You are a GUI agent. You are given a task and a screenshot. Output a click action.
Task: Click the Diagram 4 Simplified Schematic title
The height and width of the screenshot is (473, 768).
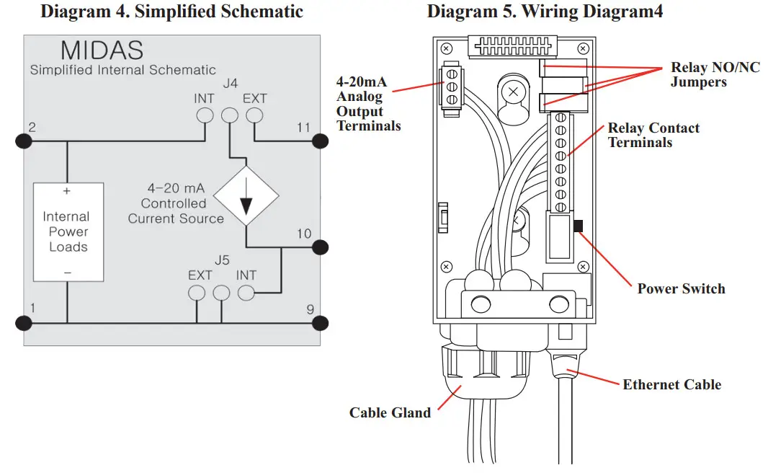171,12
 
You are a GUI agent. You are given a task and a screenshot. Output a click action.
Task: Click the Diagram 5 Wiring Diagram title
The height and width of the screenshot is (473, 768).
545,12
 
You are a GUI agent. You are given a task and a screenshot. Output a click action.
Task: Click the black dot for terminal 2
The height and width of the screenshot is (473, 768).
24,141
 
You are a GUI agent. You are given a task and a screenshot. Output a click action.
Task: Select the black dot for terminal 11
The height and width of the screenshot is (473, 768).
320,141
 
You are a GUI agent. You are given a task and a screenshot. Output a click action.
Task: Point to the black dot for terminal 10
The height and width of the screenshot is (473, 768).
320,247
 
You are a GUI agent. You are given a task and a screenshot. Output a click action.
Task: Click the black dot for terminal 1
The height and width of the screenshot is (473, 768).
24,322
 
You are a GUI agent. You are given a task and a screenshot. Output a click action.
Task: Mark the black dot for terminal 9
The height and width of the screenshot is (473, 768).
320,322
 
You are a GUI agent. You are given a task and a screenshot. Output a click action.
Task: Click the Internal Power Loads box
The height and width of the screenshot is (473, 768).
68,231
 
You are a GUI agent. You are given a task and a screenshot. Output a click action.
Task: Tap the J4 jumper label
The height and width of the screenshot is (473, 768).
230,84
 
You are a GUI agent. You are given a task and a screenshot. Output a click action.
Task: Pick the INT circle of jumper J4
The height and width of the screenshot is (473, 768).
205,115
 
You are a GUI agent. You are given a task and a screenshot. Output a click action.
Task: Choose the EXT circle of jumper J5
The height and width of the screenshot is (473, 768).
197,293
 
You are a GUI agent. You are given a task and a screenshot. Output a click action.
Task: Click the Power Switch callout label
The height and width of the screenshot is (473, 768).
681,288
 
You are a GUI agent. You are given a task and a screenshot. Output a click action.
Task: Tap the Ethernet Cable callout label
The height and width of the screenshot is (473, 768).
671,384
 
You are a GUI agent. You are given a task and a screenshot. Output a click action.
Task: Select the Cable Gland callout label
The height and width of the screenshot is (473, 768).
390,412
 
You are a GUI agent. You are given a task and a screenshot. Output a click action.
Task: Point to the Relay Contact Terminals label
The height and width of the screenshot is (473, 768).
653,135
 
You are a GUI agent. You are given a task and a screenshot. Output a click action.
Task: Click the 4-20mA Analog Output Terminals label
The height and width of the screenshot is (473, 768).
368,104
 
